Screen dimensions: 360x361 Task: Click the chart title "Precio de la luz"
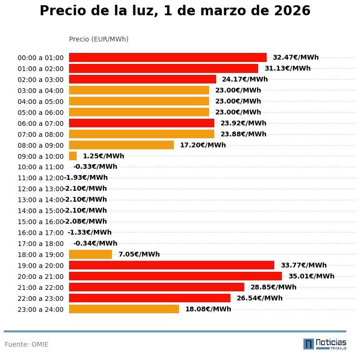[x=175, y=11]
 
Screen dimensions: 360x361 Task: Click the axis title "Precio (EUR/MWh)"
[x=99, y=39]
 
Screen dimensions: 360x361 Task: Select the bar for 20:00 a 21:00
[x=175, y=276]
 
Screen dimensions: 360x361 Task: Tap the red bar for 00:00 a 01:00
[x=168, y=58]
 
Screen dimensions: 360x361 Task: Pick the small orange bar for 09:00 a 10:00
[x=73, y=156]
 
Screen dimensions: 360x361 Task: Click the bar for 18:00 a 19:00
[x=90, y=255]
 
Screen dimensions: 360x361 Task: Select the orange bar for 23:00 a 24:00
[x=124, y=309]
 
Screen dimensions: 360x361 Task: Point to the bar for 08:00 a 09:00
[x=121, y=145]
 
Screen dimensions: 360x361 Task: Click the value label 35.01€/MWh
[x=311, y=276]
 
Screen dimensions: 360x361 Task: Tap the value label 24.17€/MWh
[x=244, y=80]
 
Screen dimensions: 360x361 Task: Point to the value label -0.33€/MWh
[x=95, y=167]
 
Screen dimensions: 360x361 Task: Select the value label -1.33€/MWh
[x=90, y=233]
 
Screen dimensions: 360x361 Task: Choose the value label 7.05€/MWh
[x=139, y=255]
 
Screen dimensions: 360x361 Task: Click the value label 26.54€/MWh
[x=259, y=298]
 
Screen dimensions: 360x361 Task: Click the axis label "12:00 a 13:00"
[x=40, y=189]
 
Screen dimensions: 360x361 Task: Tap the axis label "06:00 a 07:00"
[x=40, y=123]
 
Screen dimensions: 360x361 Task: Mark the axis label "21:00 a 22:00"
[x=40, y=288]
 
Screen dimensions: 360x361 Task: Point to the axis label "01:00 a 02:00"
[x=40, y=69]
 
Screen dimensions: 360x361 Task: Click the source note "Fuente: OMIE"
[x=27, y=344]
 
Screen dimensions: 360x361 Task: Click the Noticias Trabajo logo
[x=325, y=344]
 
